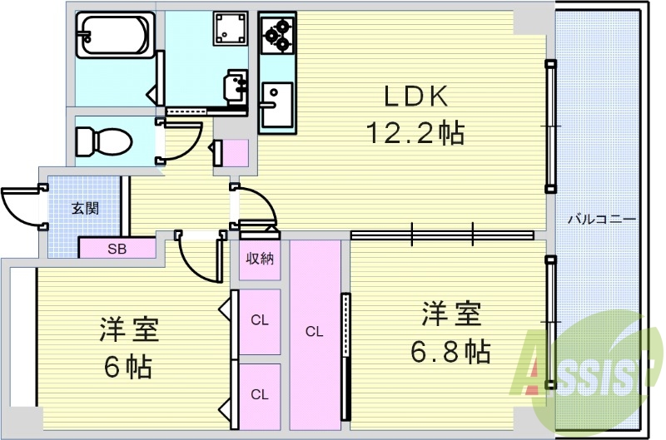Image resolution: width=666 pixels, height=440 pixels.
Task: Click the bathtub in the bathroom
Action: [x=114, y=36]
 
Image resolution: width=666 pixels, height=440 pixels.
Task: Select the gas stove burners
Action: [x=276, y=33]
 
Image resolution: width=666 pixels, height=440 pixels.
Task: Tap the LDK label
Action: [x=415, y=96]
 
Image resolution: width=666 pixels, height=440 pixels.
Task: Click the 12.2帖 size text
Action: [x=414, y=132]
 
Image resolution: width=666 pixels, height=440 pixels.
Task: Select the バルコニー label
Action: [x=601, y=219]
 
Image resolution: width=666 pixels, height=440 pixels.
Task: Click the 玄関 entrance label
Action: [x=85, y=207]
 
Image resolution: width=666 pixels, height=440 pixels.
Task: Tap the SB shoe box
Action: [x=117, y=249]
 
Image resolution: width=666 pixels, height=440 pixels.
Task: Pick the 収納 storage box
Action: [x=259, y=259]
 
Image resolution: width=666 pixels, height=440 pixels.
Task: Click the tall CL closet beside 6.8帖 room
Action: [x=314, y=332]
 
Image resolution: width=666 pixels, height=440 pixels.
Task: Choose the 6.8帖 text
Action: [x=450, y=351]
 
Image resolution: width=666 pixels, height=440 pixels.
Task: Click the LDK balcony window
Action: [x=549, y=126]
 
